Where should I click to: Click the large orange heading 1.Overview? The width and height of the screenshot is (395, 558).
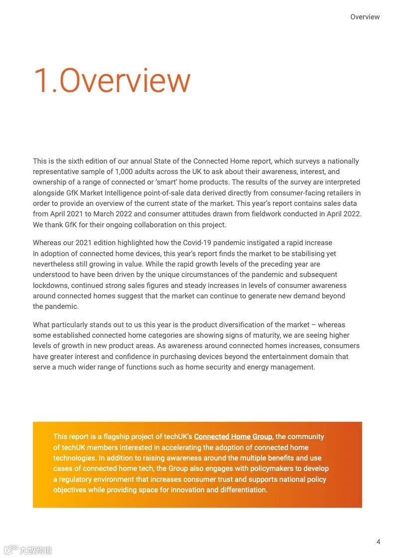click(x=112, y=81)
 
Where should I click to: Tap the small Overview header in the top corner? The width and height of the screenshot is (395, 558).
click(x=365, y=17)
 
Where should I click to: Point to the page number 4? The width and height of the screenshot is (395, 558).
click(x=378, y=542)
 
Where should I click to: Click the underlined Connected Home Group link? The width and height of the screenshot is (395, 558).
click(x=233, y=437)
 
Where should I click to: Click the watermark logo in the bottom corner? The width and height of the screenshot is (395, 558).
click(x=28, y=550)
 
